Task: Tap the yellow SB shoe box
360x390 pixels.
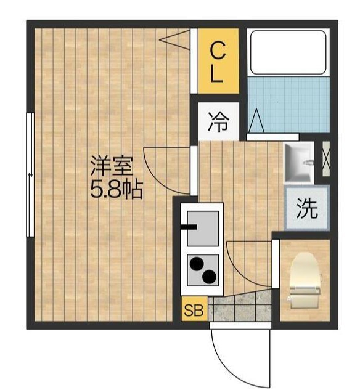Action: pos(194,309)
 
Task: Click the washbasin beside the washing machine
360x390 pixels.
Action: pos(299,162)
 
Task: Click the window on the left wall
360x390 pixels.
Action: pos(30,175)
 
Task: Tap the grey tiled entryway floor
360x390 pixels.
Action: pos(240,306)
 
